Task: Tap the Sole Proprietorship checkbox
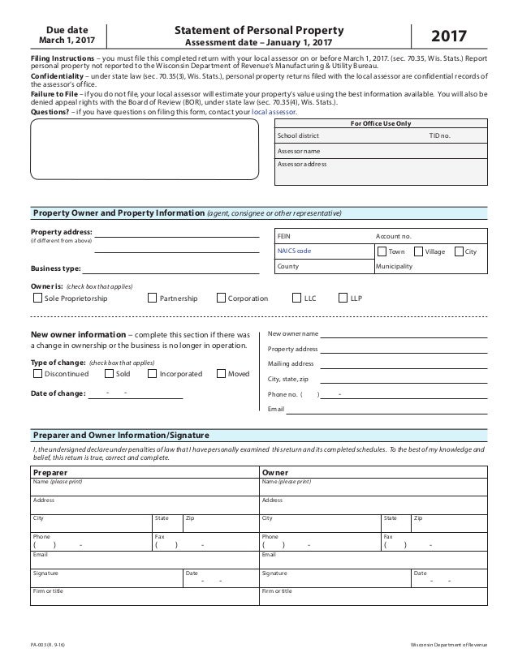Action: point(37,298)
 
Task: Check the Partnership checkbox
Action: point(153,298)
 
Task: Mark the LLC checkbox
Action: point(297,298)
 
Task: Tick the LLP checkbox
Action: point(343,298)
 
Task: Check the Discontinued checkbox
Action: point(37,374)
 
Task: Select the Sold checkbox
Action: point(110,374)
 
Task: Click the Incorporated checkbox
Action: point(152,374)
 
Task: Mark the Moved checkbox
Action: point(222,374)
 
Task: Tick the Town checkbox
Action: point(382,251)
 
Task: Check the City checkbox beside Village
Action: point(459,251)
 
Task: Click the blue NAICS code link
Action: point(294,251)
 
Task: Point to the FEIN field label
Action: point(284,236)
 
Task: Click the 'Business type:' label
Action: point(55,268)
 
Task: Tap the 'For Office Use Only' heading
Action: point(380,123)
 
